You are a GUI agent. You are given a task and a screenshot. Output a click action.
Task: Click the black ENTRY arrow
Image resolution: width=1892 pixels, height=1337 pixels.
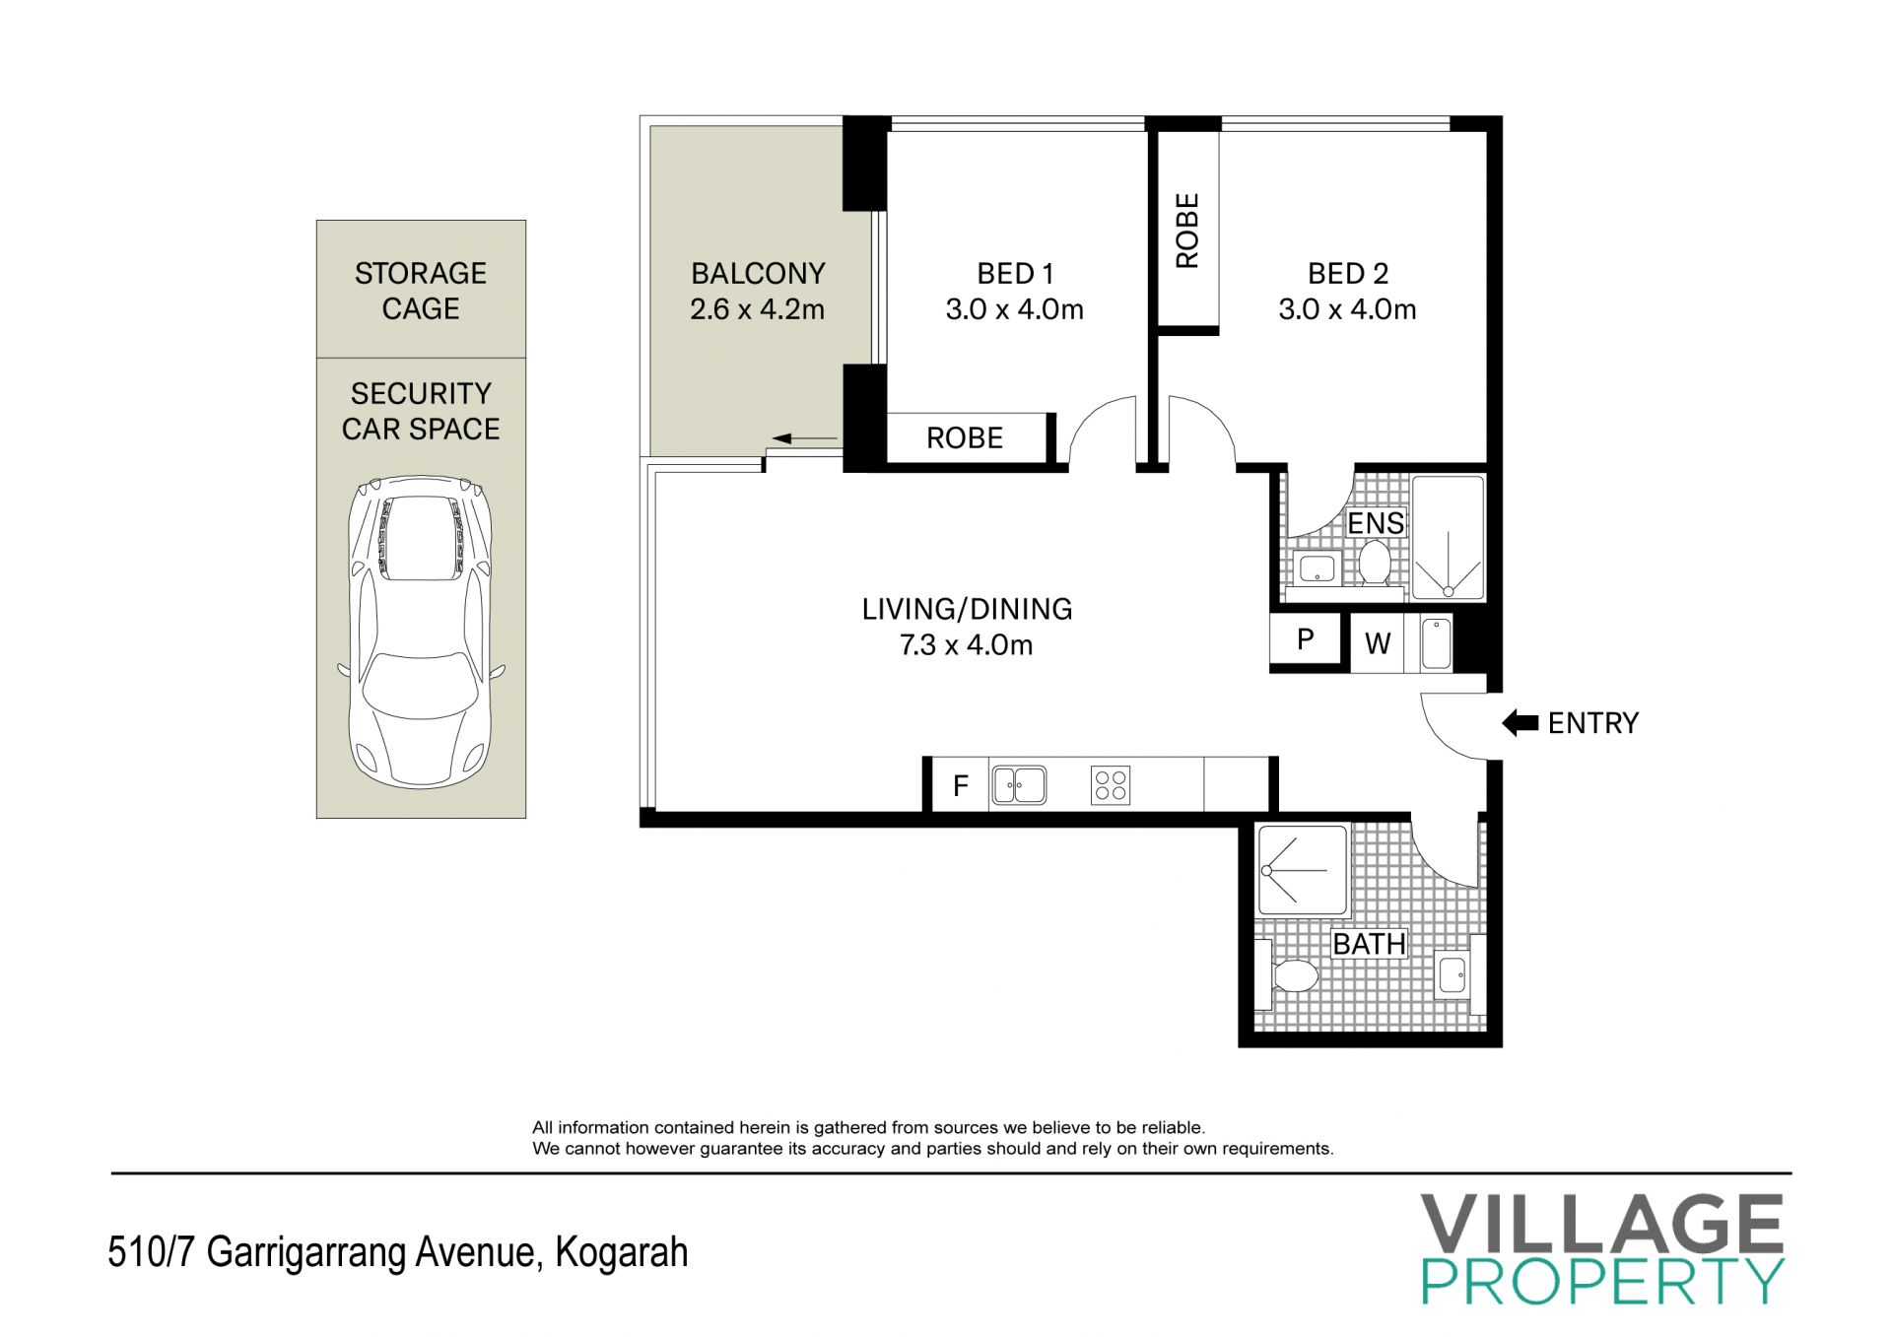coord(1520,723)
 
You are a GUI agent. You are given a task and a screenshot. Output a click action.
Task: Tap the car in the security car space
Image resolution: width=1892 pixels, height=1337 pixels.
coord(421,632)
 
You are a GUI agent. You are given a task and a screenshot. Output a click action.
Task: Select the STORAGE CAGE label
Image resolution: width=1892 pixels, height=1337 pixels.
coord(421,291)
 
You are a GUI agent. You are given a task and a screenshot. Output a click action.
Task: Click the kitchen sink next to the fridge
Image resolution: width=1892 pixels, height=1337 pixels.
coord(1019,785)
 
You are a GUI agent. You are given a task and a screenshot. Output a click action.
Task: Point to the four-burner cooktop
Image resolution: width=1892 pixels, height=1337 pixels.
coord(1111,785)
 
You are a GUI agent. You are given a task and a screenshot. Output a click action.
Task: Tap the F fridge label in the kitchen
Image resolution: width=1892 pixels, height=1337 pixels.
coord(961,785)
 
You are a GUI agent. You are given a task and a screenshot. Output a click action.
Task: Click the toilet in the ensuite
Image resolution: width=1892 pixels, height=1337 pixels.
coord(1374,563)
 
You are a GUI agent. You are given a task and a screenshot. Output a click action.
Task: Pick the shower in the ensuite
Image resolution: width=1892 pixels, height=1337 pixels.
coord(1448,537)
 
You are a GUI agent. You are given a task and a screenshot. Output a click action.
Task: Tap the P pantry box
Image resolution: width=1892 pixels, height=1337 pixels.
coord(1306,639)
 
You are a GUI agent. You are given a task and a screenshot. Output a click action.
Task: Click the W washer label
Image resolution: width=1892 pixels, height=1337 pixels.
coord(1378,643)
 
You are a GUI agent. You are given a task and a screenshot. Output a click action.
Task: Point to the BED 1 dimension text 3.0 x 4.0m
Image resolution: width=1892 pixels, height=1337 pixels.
coord(1015,309)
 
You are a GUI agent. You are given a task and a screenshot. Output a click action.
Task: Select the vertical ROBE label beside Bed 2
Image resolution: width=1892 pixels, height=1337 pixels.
coord(1187,231)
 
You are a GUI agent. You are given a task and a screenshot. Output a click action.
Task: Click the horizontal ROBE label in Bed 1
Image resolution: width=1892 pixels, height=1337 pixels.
coord(965,437)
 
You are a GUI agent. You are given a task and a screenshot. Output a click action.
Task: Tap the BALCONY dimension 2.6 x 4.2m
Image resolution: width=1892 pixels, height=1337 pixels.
coord(757,309)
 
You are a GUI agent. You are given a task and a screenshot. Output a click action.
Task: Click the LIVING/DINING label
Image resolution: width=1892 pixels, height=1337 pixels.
coord(967,609)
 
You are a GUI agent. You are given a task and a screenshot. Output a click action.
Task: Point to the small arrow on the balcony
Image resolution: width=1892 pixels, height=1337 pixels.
coord(804,438)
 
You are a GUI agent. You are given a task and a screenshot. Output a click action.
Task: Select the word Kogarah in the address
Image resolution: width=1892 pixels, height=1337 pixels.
coord(622,1252)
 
